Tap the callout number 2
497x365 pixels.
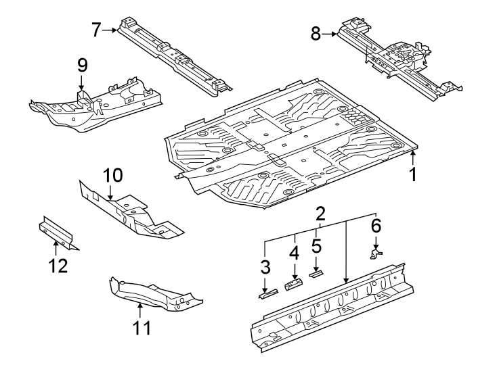coord(321,214)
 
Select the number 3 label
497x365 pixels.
coord(265,267)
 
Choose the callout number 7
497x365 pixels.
coord(96,30)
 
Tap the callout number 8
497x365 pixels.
coord(316,33)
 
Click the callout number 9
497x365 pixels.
coord(82,66)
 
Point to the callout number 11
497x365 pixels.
coord(142,328)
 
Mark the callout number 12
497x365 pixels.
coord(58,266)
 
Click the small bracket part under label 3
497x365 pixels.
coord(269,293)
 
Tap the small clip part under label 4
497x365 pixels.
coord(293,284)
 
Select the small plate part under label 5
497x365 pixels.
coord(316,274)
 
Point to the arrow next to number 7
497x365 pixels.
coord(110,30)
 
